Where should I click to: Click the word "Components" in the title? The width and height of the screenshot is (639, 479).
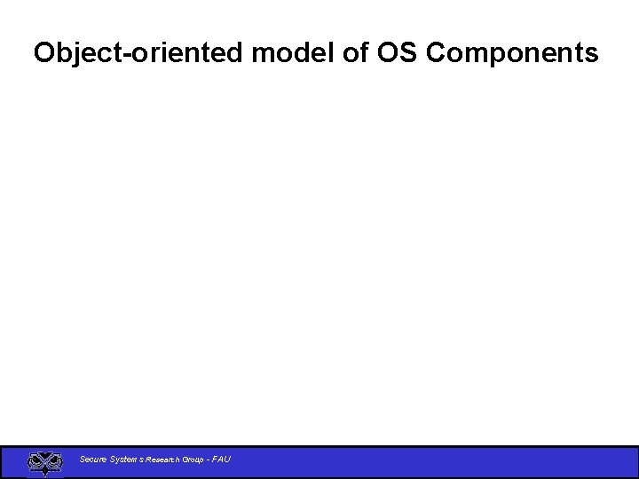[512, 53]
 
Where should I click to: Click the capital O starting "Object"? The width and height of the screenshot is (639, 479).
[44, 53]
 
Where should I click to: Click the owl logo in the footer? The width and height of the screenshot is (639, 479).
[45, 463]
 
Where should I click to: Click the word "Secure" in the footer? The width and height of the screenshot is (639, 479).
[92, 459]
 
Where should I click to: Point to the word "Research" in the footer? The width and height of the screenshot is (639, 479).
[162, 459]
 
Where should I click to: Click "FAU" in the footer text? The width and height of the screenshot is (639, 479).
[222, 459]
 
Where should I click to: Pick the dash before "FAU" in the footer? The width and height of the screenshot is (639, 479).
[209, 459]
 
